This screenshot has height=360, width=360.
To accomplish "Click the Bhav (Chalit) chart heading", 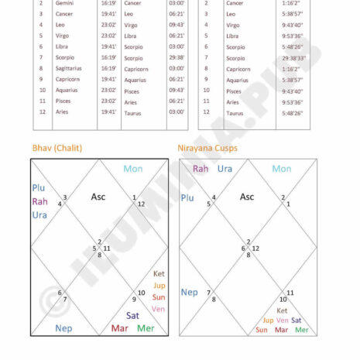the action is click(x=57, y=148).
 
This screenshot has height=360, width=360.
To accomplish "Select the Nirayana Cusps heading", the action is click(x=208, y=148).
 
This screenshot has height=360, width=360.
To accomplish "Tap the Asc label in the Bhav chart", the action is click(x=98, y=197).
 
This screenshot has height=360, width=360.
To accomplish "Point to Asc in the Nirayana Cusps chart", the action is click(x=247, y=197).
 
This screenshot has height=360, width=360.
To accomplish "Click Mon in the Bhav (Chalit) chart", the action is click(x=133, y=169).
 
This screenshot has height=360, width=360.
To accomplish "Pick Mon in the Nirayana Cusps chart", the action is click(x=282, y=169).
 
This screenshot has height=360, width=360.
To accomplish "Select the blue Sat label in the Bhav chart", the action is click(x=132, y=315).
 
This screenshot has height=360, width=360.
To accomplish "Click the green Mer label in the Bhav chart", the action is click(x=146, y=328).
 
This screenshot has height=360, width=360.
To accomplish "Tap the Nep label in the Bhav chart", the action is click(x=63, y=328).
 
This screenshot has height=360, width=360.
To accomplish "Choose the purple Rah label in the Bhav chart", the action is click(x=39, y=201).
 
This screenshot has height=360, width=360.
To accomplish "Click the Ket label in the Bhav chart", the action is click(x=159, y=274).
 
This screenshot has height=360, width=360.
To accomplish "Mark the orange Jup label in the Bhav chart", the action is click(x=159, y=286).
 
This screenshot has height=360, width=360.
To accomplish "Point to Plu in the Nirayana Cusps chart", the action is click(x=187, y=197).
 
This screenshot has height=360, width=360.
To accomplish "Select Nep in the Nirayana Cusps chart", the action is click(x=189, y=292).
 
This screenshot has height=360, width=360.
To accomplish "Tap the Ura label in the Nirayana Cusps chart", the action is click(x=225, y=169).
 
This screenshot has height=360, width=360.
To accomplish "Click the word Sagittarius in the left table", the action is click(x=70, y=68).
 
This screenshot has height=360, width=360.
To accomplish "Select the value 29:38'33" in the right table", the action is click(x=293, y=57).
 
